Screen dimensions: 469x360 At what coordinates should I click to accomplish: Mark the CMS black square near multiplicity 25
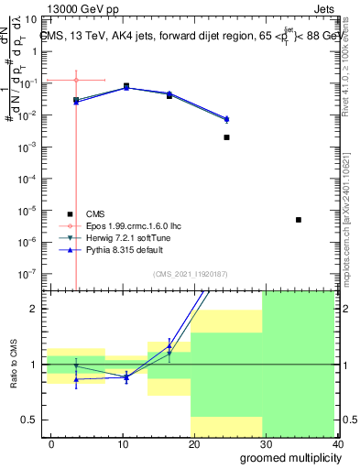[x=226, y=137]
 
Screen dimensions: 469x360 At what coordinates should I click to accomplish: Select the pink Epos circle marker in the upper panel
[x=76, y=80]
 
